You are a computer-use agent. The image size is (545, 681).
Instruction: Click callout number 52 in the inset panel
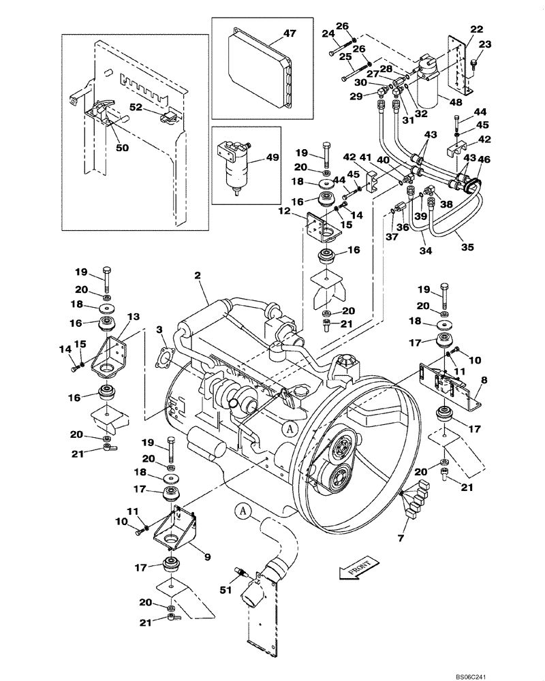click(136, 107)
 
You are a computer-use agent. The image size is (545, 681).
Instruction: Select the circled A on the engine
click(288, 428)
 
